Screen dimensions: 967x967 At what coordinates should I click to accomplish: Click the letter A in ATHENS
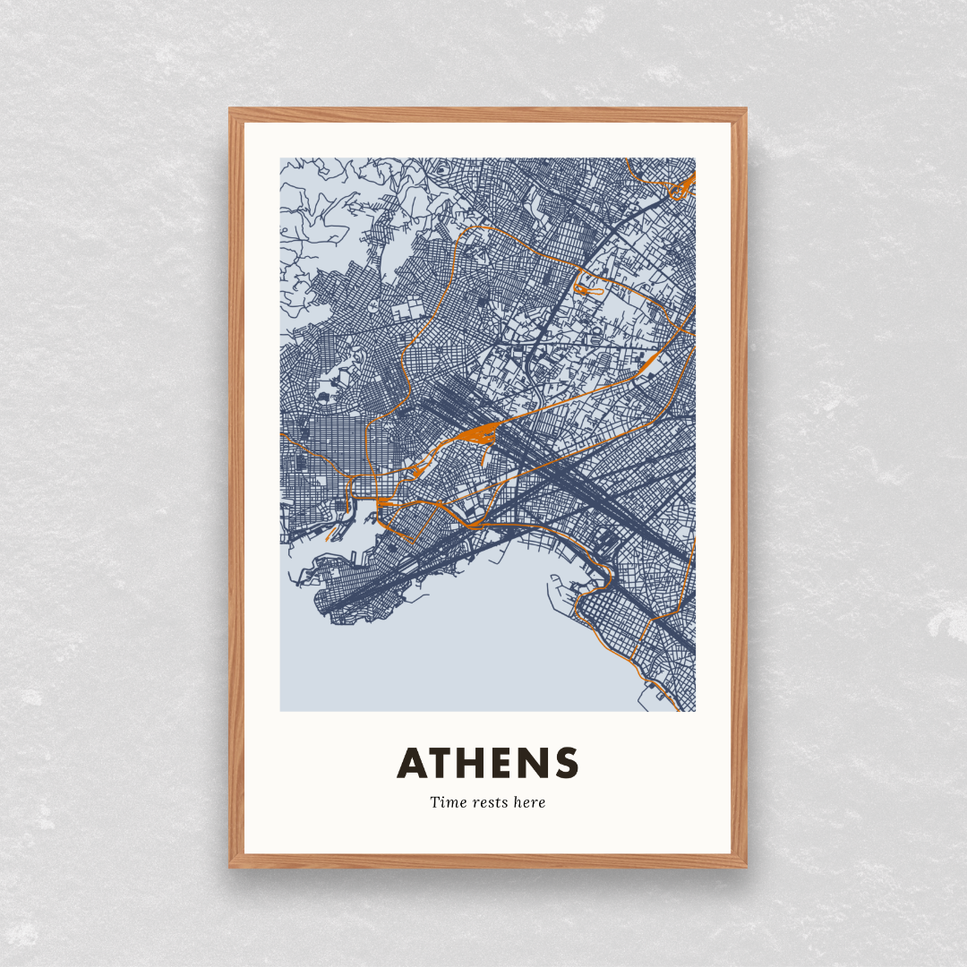coord(415,763)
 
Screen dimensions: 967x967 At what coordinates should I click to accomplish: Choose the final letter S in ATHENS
coord(566,763)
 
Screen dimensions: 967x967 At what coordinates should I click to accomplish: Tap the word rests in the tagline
coord(487,802)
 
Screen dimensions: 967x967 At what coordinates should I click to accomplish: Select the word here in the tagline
coord(529,802)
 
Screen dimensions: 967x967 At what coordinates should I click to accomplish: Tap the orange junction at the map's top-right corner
coord(684,186)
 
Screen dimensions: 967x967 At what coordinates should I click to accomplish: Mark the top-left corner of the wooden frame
coord(231,110)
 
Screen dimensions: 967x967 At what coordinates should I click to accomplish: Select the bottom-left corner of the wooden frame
coord(231,866)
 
